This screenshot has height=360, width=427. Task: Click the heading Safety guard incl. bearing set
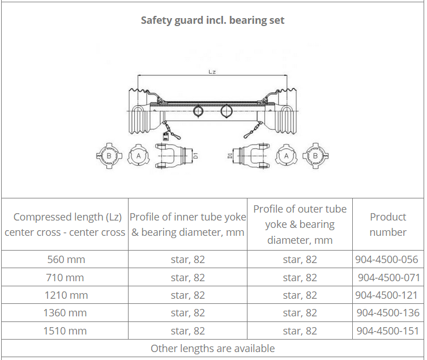pyautogui.click(x=212, y=20)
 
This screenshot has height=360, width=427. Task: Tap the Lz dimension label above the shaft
pyautogui.click(x=212, y=71)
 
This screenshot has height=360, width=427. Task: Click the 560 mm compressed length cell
pyautogui.click(x=66, y=259)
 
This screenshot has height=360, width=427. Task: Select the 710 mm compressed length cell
pyautogui.click(x=65, y=277)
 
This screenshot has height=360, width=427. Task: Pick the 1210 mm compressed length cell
pyautogui.click(x=66, y=295)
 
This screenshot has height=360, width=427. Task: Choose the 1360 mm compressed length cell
pyautogui.click(x=65, y=313)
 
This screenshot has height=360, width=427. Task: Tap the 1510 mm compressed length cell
pyautogui.click(x=65, y=331)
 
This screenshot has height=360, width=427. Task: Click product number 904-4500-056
pyautogui.click(x=386, y=259)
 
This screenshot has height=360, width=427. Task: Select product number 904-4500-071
pyautogui.click(x=388, y=277)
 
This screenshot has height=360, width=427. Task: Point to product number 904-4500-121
pyautogui.click(x=386, y=295)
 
